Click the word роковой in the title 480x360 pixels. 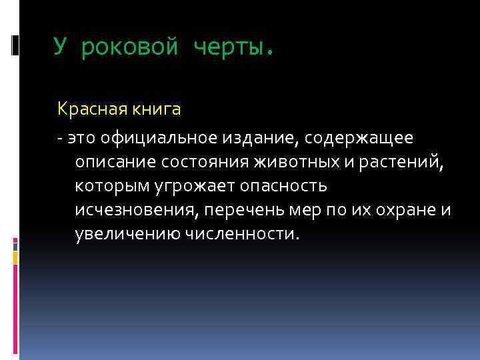pyautogui.click(x=131, y=48)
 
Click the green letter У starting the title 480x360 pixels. pyautogui.click(x=61, y=47)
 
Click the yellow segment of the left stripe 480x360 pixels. pyautogui.click(x=15, y=257)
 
